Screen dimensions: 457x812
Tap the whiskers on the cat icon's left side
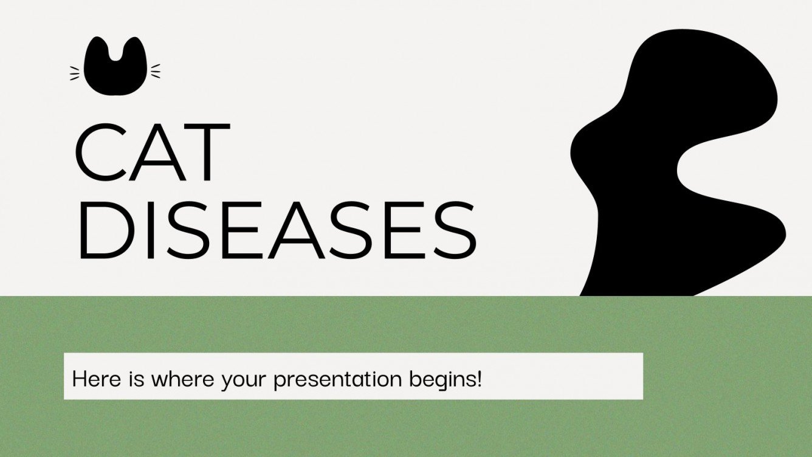75,73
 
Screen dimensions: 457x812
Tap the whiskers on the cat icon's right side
156,72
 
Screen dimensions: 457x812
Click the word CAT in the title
152,153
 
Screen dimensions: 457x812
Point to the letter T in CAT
206,153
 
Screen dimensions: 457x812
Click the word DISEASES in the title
277,232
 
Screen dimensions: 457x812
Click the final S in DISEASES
453,232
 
